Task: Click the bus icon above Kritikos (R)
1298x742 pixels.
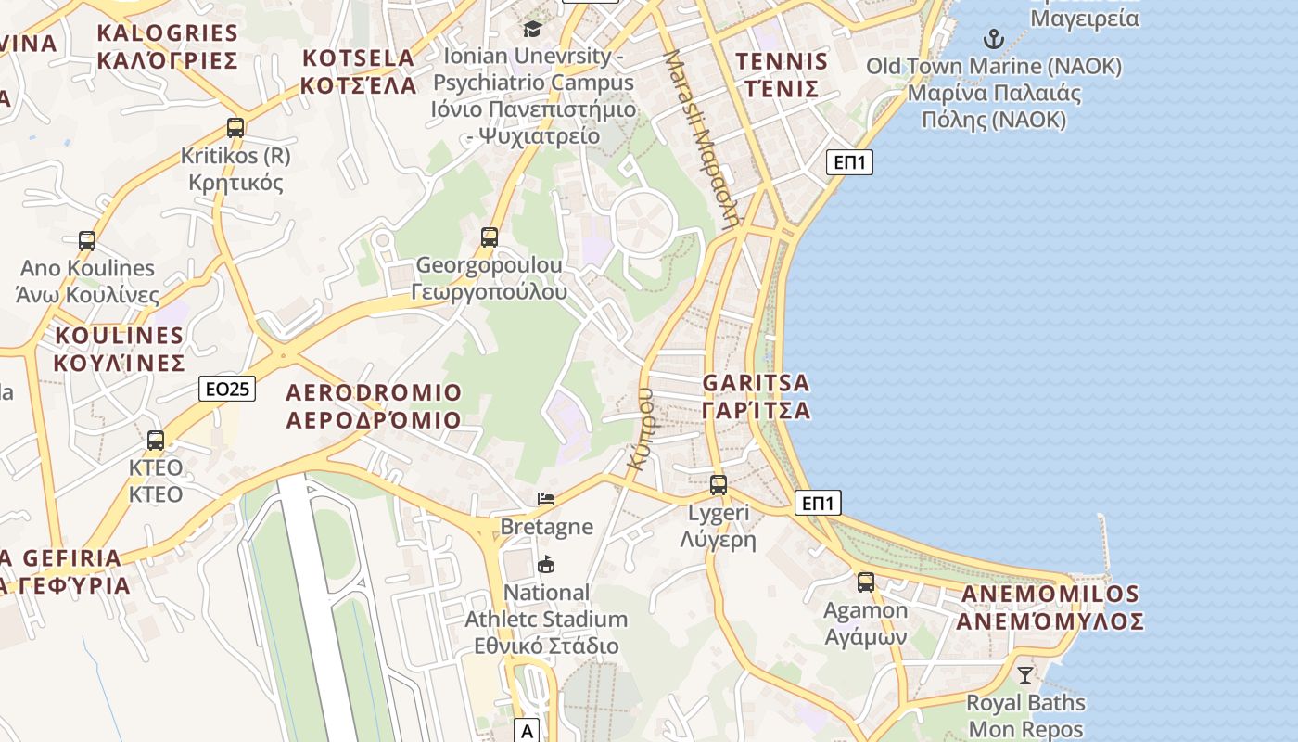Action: click(x=235, y=128)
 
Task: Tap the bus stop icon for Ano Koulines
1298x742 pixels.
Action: click(x=87, y=241)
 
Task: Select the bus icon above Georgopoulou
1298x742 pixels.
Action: click(x=490, y=237)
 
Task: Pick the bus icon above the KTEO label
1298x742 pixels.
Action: click(x=156, y=441)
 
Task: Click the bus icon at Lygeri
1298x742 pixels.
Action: click(x=719, y=484)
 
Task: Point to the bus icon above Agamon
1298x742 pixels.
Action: click(x=866, y=582)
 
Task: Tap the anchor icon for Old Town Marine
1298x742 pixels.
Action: click(x=994, y=39)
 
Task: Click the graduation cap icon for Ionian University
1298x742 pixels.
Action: click(x=532, y=29)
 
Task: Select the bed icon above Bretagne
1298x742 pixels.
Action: click(x=546, y=499)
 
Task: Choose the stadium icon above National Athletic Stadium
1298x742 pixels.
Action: click(x=546, y=564)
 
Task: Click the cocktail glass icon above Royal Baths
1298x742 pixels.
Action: click(x=1025, y=674)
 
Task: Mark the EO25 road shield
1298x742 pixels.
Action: click(x=226, y=389)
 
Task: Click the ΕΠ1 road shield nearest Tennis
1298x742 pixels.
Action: click(x=849, y=163)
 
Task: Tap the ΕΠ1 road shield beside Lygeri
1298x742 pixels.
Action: click(x=818, y=504)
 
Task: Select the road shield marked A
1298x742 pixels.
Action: click(x=527, y=731)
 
